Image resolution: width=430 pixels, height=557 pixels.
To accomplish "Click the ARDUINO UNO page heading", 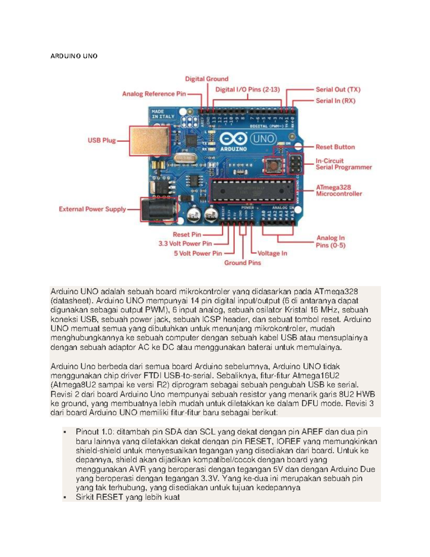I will click(74, 56).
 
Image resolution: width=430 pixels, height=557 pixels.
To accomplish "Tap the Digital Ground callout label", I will click(206, 79).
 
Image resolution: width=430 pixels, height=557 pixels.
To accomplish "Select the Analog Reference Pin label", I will click(154, 94).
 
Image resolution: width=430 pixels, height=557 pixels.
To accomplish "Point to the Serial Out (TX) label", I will click(338, 90).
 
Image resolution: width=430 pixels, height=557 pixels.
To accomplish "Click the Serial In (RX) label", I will click(335, 101).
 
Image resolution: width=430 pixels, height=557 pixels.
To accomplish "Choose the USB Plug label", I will click(102, 140).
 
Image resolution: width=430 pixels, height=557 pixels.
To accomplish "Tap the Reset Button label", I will click(335, 147).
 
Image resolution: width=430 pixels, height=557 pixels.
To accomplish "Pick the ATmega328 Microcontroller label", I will click(339, 190).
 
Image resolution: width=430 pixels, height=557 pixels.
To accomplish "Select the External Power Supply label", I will click(92, 209).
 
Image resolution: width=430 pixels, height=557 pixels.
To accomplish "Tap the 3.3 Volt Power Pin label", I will click(185, 244).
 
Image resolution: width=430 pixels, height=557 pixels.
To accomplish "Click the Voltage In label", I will click(272, 253).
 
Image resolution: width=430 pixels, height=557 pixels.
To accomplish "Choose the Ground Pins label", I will click(243, 263).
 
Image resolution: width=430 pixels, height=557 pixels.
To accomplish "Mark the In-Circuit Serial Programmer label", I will click(343, 164).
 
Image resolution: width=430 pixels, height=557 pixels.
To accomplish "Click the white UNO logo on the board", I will click(263, 139).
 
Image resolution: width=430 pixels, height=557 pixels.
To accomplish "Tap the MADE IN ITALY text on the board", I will click(163, 114).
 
